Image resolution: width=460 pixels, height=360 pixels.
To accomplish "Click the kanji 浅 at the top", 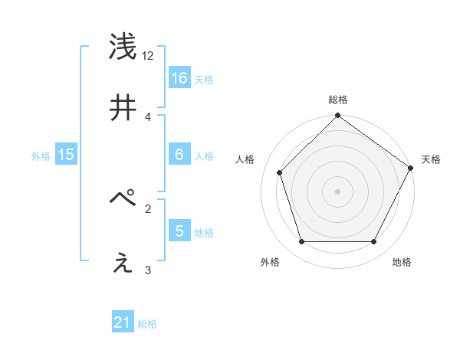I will point(123,48).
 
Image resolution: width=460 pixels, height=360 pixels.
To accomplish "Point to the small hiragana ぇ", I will point(123,263).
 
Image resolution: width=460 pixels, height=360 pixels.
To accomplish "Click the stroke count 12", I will point(148,56).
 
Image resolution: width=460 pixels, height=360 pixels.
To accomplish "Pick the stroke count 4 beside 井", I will point(148,116).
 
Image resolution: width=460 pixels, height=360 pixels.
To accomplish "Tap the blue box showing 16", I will point(179,77).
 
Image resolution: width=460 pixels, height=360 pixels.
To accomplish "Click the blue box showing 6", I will point(179,155).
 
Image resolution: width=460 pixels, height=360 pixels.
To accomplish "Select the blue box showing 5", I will point(179,231).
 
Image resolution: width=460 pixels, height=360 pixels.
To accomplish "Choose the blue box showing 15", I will point(66,155).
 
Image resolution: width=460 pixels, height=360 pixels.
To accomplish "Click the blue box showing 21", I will point(123,323).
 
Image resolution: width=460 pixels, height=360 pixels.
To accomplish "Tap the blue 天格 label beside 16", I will point(204,79).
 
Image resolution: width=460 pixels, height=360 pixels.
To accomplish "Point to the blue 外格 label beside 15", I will point(41,156).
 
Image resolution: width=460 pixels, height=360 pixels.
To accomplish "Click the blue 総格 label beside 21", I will point(147,325).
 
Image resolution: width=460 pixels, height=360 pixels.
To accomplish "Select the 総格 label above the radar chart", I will point(337,100).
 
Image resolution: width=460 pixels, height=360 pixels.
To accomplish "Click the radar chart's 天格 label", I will point(431,159).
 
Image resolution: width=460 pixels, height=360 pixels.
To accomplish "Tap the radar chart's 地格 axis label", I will point(402,262).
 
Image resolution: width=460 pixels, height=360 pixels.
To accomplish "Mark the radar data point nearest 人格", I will point(280,172).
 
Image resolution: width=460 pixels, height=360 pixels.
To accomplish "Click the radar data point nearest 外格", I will point(301,242).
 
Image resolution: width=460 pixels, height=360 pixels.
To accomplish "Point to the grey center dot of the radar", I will point(337,191).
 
